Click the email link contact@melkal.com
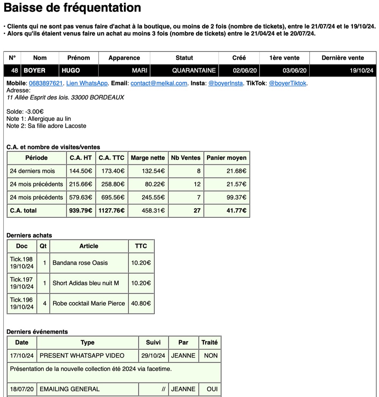click(159, 83)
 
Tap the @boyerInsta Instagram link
click(226, 83)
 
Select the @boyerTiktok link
click(288, 83)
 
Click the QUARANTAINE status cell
click(194, 70)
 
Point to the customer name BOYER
click(34, 70)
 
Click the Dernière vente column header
click(343, 58)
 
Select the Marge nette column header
click(148, 158)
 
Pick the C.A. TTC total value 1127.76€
click(111, 211)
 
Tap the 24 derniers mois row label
click(33, 171)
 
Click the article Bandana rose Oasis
click(80, 263)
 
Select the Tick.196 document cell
click(22, 303)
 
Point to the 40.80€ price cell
click(141, 303)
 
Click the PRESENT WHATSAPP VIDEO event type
click(82, 356)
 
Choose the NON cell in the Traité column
click(211, 356)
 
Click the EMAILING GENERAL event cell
click(70, 389)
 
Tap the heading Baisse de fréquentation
click(72, 8)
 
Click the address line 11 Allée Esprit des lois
click(65, 97)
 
